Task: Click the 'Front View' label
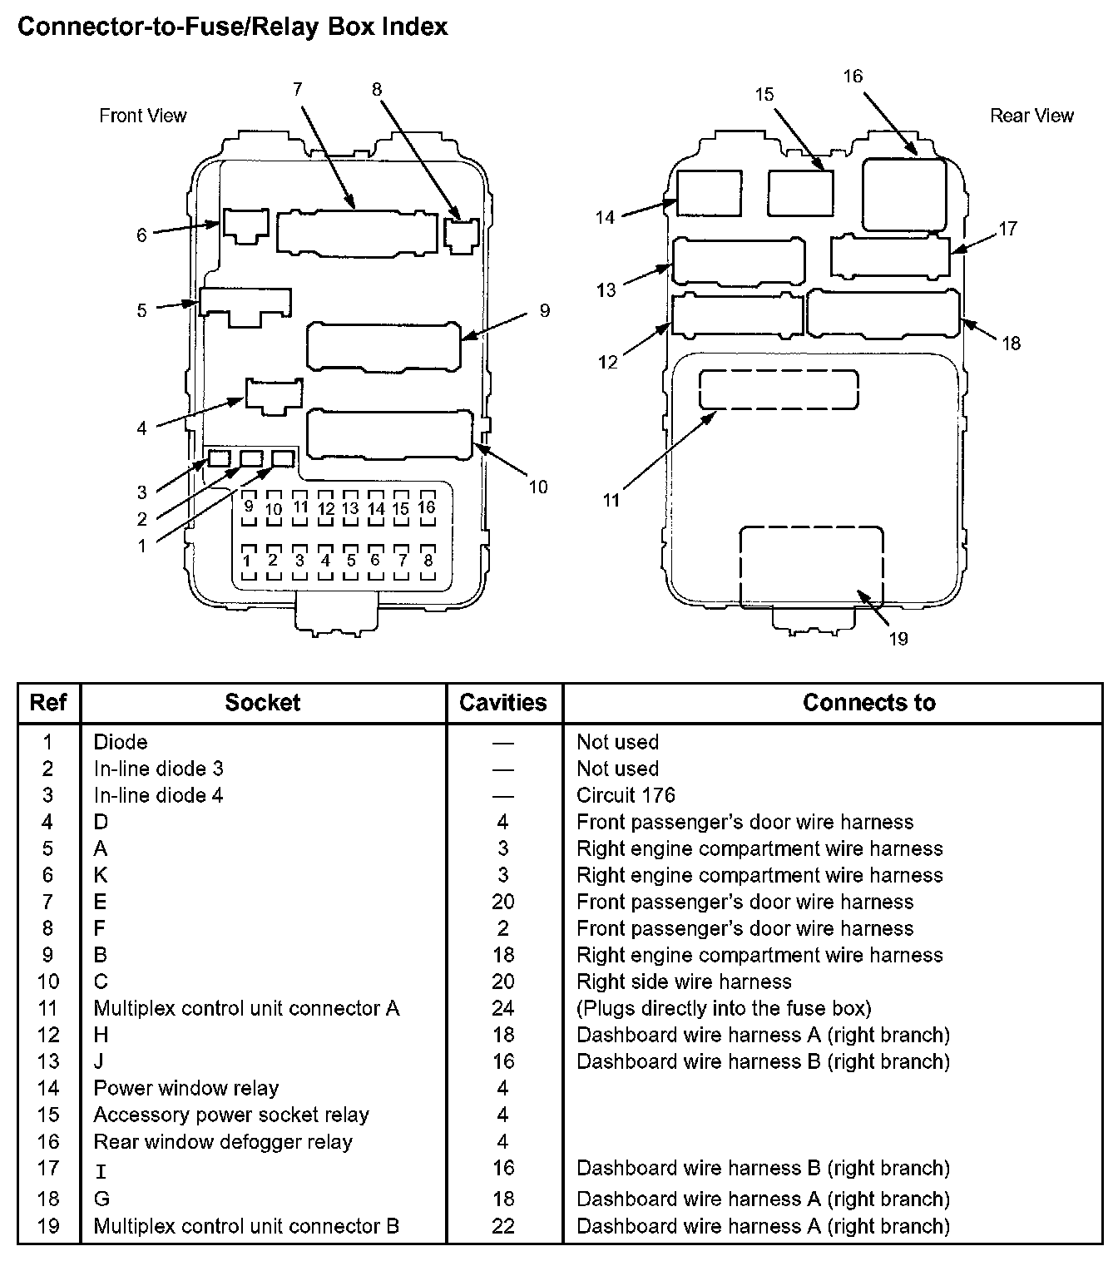(x=142, y=116)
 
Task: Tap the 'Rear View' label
(x=1031, y=116)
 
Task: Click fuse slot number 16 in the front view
(x=427, y=508)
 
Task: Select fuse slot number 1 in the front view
(x=248, y=561)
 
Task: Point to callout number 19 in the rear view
(x=898, y=639)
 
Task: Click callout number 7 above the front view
(x=298, y=90)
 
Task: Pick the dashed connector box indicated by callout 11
(x=778, y=389)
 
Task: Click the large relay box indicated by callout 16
(x=904, y=194)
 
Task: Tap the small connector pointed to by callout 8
(x=462, y=236)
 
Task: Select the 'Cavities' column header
(x=503, y=703)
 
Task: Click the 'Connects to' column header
(x=869, y=703)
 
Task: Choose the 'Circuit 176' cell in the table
(x=626, y=795)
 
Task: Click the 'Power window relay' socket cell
(x=186, y=1088)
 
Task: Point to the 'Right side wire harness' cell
(x=684, y=982)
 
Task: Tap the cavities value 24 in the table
(x=503, y=1008)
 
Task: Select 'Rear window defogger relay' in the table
(x=223, y=1141)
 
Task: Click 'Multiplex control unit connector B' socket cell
(x=246, y=1225)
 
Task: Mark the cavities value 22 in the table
(x=503, y=1225)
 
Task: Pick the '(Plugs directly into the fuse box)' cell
(x=724, y=1008)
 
